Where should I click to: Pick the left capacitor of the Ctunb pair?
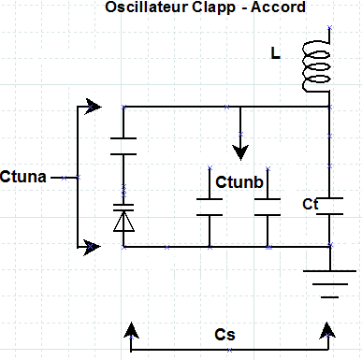[208, 207]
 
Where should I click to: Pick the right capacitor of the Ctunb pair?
[268, 207]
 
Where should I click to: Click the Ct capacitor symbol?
[329, 207]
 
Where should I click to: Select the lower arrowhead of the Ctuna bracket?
[92, 247]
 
